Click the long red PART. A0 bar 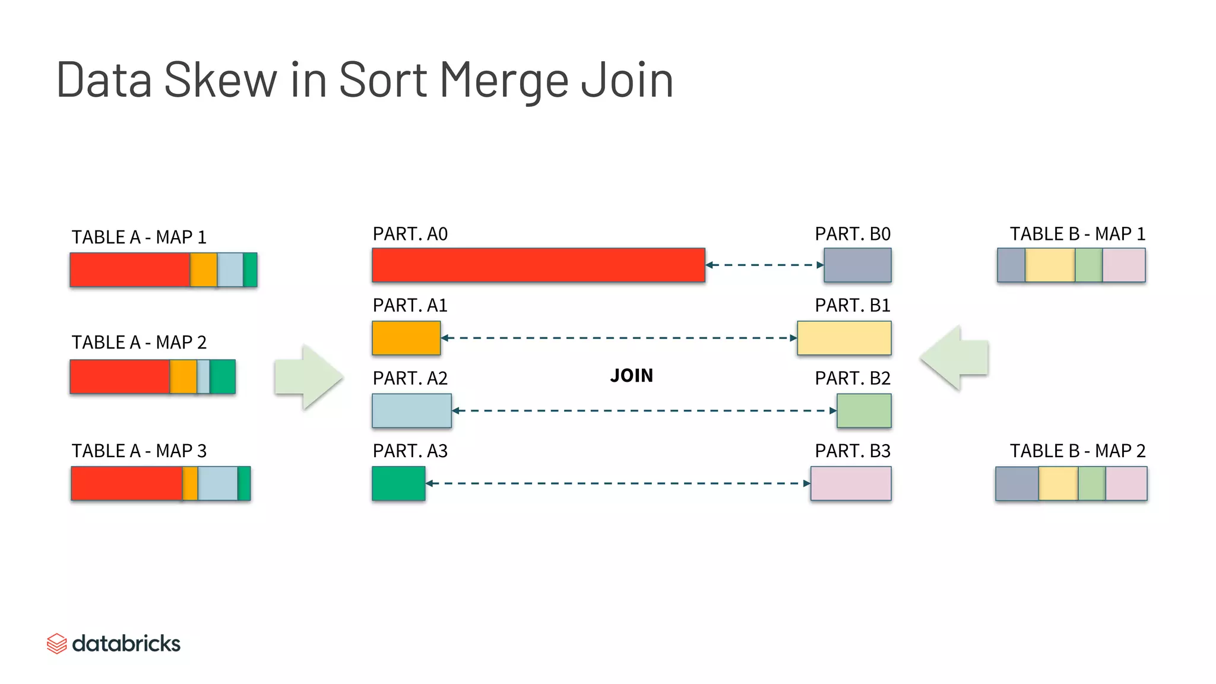(x=538, y=265)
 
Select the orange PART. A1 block (x=406, y=338)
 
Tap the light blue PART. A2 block (x=411, y=410)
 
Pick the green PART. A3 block (x=398, y=483)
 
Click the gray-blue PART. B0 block (x=857, y=265)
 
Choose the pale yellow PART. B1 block (x=844, y=338)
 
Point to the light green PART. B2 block (x=864, y=410)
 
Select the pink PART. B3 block (x=851, y=483)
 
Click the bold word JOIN (x=631, y=376)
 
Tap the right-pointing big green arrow (x=309, y=377)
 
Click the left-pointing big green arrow (x=954, y=357)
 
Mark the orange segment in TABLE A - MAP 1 (x=204, y=270)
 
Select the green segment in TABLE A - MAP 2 (x=223, y=376)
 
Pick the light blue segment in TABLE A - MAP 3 (x=217, y=483)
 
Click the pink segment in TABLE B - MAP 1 (x=1123, y=265)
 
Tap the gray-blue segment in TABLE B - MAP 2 (x=1017, y=483)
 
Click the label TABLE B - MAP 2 (x=1077, y=451)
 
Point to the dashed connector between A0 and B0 (x=765, y=265)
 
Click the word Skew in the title (x=220, y=80)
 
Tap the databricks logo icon (x=56, y=644)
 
